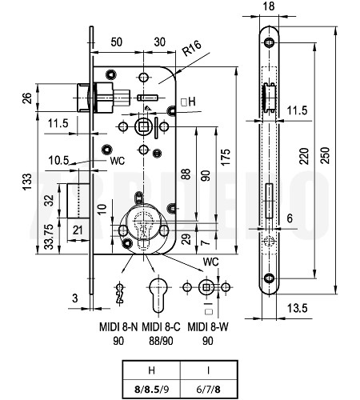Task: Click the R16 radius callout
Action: pyautogui.click(x=192, y=48)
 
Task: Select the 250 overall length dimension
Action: pyautogui.click(x=326, y=155)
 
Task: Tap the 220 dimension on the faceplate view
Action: pyautogui.click(x=305, y=156)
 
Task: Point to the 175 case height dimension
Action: pyautogui.click(x=226, y=158)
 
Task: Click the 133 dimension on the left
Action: pyautogui.click(x=27, y=182)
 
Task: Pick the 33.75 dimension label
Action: pyautogui.click(x=49, y=237)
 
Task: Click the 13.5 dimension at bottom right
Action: pyautogui.click(x=297, y=308)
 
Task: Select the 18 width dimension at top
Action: pyautogui.click(x=269, y=6)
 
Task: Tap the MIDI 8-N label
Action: pyautogui.click(x=118, y=327)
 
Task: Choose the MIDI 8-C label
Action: pyautogui.click(x=161, y=327)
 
